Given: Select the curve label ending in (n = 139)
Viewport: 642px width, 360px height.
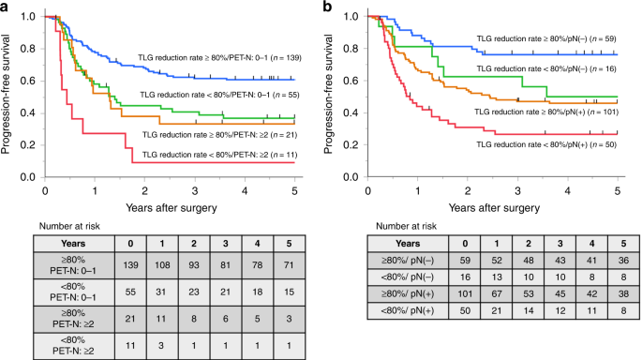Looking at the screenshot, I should click(222, 58).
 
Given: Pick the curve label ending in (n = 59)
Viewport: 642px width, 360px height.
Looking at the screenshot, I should click(549, 39).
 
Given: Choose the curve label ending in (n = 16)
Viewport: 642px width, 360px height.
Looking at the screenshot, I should click(549, 69).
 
